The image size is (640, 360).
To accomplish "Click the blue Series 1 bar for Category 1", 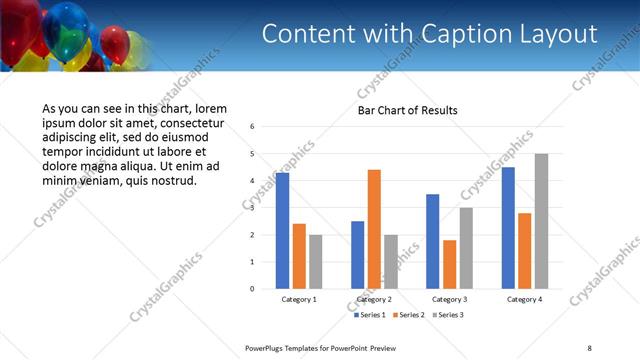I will coord(282,231).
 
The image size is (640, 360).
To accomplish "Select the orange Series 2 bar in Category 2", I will coord(374,229).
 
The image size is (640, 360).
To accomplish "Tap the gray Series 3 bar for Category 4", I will coord(541,221).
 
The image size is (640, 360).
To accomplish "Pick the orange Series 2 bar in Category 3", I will coord(449,264).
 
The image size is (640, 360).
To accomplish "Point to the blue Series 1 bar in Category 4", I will coord(508,228).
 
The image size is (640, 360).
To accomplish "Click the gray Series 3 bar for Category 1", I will coord(315,262).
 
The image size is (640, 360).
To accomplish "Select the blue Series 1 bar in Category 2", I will coord(357,255).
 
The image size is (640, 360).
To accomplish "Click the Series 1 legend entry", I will coord(372,315).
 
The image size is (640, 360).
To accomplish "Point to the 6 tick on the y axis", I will coord(253,127).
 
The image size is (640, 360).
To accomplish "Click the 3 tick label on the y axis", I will coord(253,208).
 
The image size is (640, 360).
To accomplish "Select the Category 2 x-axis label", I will coord(374,299).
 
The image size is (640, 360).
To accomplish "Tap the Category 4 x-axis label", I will coord(524,299).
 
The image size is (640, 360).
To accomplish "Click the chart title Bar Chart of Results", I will coord(408,110).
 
